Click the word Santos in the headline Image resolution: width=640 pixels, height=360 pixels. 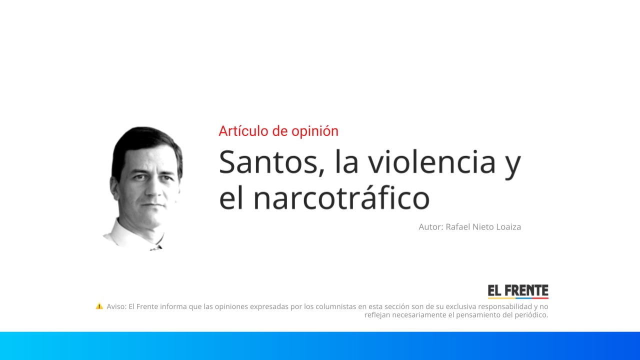pos(267,162)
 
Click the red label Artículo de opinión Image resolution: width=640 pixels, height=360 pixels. pos(278,131)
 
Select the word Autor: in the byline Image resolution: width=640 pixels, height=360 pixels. pos(430,226)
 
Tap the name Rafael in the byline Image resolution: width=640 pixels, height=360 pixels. pos(458,226)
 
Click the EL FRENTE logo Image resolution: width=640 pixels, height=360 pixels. pos(518,290)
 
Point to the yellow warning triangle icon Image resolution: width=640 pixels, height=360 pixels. pos(99,306)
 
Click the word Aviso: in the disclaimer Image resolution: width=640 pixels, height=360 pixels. pos(116,306)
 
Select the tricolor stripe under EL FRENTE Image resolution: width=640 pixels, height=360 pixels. pos(518,298)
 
